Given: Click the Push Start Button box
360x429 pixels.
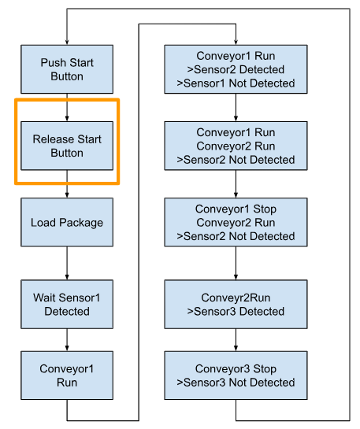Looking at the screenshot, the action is click(67, 69).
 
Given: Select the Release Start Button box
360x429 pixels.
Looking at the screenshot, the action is click(67, 146).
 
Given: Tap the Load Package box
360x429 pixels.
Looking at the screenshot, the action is click(67, 223).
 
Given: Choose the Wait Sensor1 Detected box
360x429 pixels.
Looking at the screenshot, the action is click(67, 305).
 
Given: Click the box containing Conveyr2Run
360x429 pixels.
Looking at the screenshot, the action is click(236, 305).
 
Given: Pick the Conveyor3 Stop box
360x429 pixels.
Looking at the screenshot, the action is click(236, 375).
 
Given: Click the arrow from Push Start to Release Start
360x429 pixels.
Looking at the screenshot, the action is click(67, 108).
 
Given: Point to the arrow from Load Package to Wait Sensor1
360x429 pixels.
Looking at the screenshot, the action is click(67, 263).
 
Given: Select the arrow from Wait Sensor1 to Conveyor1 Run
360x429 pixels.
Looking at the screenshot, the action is click(67, 340).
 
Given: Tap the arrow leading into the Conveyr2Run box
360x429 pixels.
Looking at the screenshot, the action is click(236, 263).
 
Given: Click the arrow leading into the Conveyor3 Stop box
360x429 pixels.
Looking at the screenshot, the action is click(236, 340).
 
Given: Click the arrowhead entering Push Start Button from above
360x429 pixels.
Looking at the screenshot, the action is click(67, 42).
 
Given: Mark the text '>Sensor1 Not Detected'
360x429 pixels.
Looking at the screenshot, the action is click(236, 83).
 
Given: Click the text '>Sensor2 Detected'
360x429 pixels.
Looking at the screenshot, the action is click(236, 69).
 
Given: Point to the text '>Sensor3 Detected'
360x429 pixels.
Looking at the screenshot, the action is click(236, 312).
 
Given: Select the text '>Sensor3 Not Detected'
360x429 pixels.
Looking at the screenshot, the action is click(236, 383).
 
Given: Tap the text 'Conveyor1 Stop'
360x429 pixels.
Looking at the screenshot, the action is click(236, 209).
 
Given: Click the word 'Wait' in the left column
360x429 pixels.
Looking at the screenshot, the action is click(44, 298).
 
